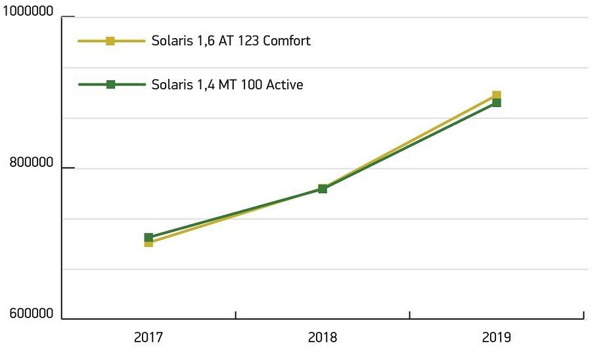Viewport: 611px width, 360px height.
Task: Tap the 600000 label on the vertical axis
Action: [31, 314]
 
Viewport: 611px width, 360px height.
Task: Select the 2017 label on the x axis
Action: [148, 338]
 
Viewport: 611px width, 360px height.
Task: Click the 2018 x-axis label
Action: [322, 338]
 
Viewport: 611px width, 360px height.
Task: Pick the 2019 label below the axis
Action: [496, 338]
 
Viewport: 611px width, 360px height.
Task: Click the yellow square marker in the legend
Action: [110, 41]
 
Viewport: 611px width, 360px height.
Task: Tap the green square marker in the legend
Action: [110, 84]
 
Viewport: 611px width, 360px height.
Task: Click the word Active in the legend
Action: [283, 84]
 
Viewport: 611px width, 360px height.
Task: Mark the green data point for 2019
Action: [497, 102]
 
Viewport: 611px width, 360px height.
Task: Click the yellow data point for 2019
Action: [497, 95]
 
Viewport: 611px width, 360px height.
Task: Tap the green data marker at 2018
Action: [323, 189]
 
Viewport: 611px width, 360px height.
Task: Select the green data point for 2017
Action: [148, 237]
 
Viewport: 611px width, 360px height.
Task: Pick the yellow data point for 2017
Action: [148, 243]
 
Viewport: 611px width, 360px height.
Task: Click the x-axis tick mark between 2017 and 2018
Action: [235, 315]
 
